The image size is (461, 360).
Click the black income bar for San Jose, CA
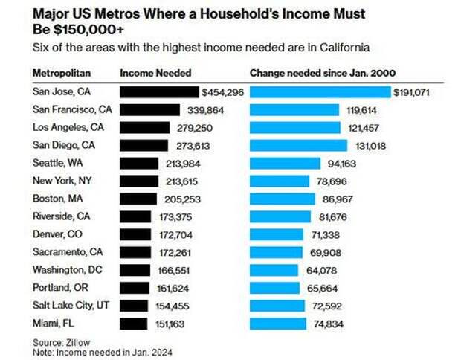point(159,92)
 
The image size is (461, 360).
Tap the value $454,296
point(222,92)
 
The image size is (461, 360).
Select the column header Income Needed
point(155,73)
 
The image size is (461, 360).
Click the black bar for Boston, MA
point(138,199)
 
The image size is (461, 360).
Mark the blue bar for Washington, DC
point(274,270)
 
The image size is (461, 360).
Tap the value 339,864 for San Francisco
point(204,110)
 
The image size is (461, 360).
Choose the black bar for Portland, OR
point(134,288)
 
